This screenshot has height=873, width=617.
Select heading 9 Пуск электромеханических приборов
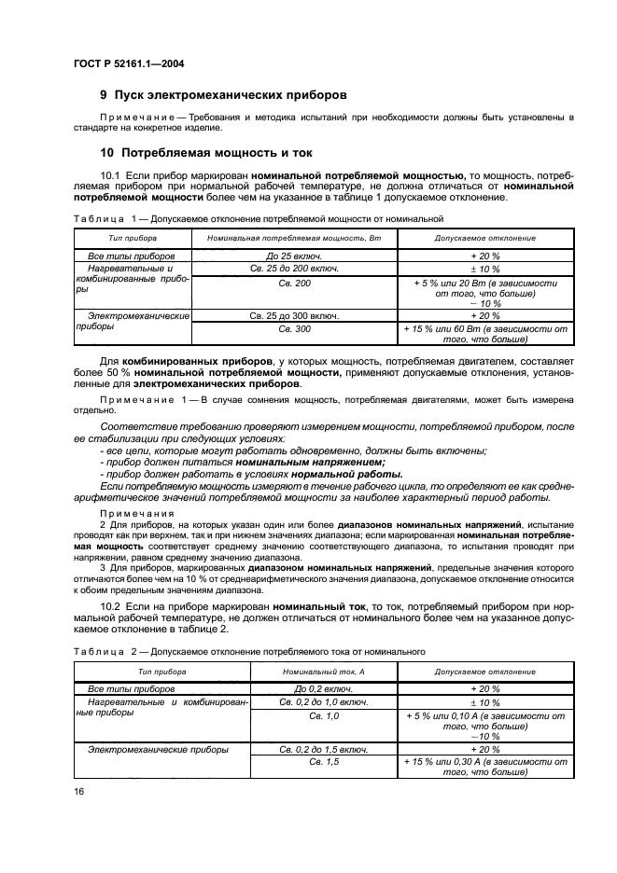point(223,94)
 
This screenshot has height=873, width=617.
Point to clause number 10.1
point(110,174)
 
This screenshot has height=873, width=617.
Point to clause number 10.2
point(110,605)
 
